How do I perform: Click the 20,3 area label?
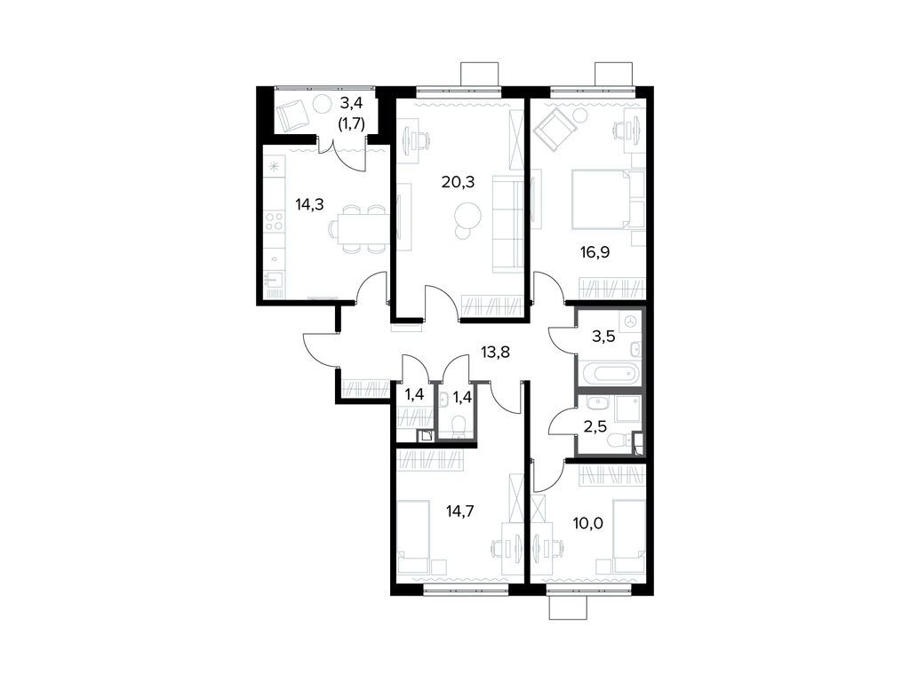(459, 183)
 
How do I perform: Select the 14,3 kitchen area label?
(309, 203)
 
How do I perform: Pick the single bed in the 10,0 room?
(629, 536)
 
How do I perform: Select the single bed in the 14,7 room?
(412, 537)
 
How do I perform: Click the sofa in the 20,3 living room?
(509, 224)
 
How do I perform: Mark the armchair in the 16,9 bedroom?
(555, 131)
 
